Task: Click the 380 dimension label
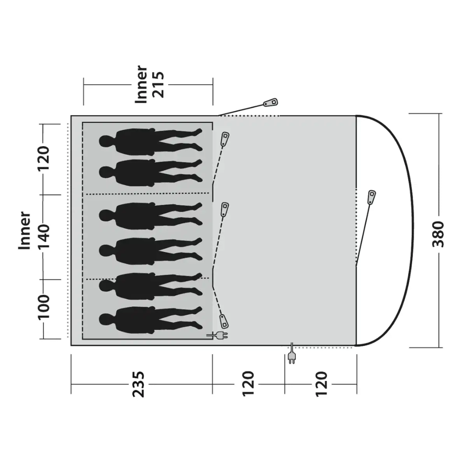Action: click(438, 233)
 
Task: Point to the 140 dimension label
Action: click(44, 237)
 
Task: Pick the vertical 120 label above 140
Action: click(44, 158)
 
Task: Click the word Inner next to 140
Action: click(25, 230)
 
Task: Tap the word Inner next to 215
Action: click(141, 85)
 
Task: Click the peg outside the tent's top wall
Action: click(271, 103)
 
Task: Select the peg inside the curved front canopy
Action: click(371, 197)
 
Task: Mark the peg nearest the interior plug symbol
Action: click(224, 321)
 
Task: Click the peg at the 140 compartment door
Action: click(224, 210)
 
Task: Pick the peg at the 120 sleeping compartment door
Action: click(225, 139)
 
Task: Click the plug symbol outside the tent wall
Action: click(291, 357)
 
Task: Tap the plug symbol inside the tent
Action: click(218, 335)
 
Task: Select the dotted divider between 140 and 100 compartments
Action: click(147, 279)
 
